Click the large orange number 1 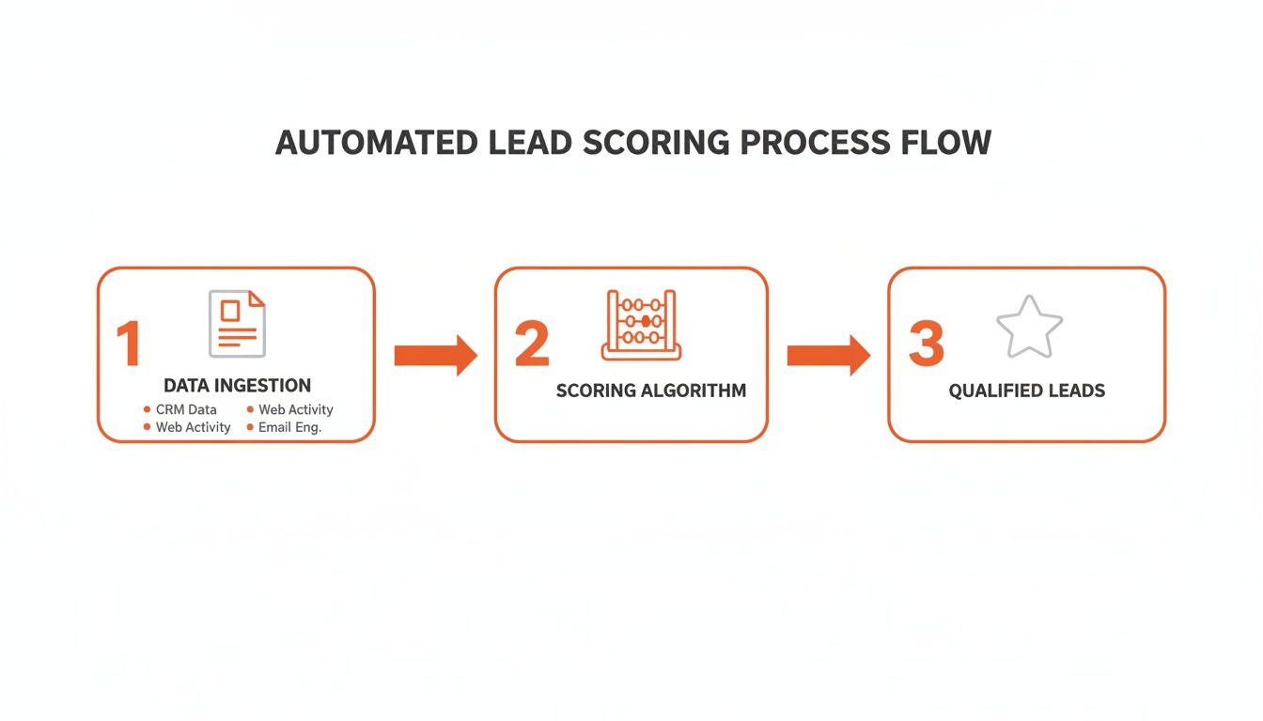click(128, 345)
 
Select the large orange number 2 click(532, 345)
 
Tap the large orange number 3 click(926, 345)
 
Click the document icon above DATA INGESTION click(237, 323)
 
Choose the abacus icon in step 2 click(641, 325)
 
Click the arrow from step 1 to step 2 click(435, 355)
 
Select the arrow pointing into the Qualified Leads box click(828, 355)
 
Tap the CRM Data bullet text click(186, 409)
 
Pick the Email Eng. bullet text click(289, 427)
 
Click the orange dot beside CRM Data click(147, 409)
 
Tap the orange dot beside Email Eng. click(250, 427)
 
